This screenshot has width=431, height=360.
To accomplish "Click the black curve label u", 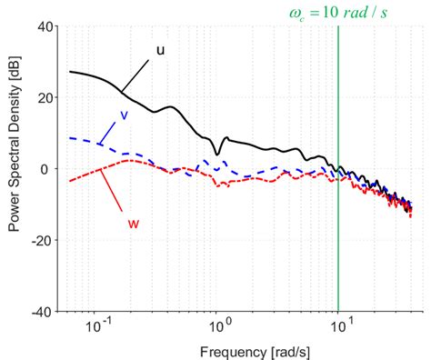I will tap(160, 51).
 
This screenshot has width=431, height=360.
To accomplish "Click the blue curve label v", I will tap(123, 115).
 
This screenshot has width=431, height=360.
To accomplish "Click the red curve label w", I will tap(133, 221).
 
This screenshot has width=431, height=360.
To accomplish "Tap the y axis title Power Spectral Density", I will tap(15, 168).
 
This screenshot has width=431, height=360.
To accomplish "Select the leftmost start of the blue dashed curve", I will tap(70, 137).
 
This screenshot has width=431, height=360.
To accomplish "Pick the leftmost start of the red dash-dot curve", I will tap(70, 181).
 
